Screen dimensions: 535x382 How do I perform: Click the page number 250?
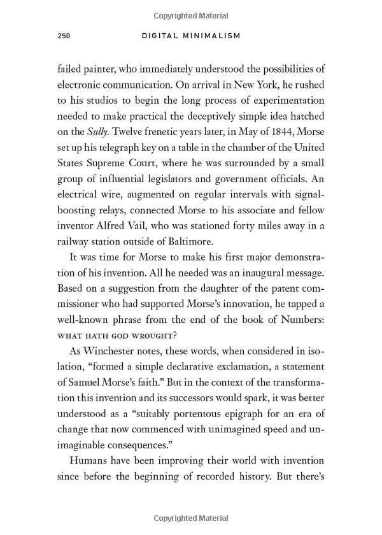click(x=63, y=36)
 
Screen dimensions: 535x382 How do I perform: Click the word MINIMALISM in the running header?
click(x=213, y=36)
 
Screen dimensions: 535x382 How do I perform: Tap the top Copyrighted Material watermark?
click(x=190, y=13)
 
